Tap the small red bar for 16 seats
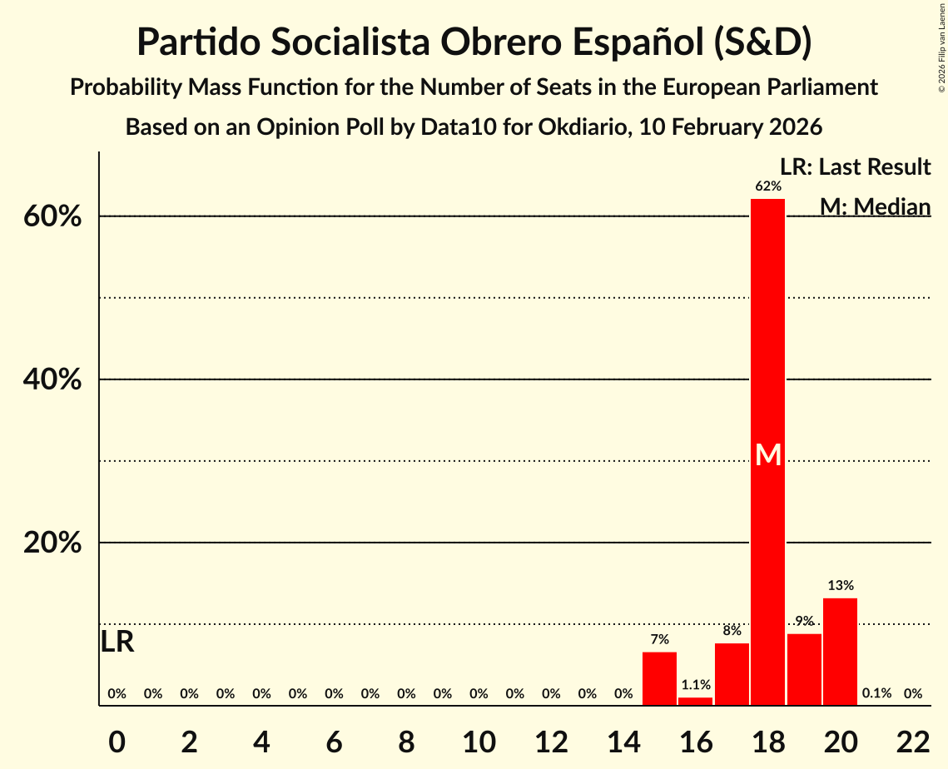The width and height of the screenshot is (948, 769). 695,701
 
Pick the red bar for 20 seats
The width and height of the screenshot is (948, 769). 840,652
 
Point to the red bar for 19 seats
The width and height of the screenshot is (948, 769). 804,669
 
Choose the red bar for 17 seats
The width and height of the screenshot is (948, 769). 732,674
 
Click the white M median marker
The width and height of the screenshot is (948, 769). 768,454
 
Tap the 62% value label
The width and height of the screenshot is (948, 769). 768,186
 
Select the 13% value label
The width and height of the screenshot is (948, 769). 840,586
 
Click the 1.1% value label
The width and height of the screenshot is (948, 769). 695,685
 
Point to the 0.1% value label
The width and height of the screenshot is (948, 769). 876,693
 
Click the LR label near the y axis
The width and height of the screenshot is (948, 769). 117,642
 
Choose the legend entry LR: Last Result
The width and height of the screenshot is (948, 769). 855,167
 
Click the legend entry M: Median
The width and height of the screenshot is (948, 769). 875,206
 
